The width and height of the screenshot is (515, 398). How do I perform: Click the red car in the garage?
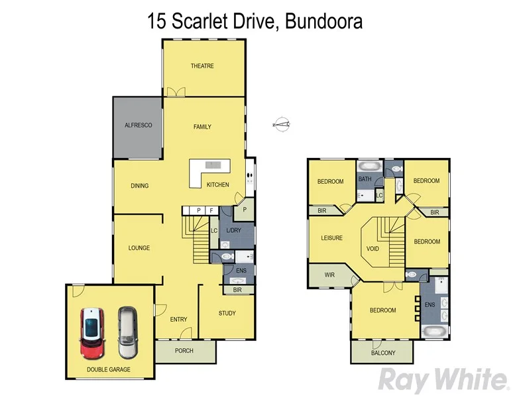(91, 332)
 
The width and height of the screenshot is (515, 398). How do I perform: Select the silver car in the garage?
(126, 332)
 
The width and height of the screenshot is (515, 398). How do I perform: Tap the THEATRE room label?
(202, 66)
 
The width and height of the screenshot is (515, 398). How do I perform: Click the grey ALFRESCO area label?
(139, 125)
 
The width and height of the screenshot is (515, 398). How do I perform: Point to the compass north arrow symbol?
(282, 123)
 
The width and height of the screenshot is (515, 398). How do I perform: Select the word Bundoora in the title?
(324, 21)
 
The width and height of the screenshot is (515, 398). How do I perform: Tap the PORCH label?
(184, 350)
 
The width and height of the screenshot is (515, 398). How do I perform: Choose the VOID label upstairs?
(372, 249)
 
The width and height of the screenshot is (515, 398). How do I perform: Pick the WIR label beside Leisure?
(329, 275)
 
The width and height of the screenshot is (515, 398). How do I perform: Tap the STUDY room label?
(227, 313)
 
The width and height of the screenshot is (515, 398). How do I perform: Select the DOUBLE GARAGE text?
(108, 369)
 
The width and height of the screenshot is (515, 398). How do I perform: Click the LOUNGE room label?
(139, 248)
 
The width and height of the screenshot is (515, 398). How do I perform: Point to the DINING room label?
(139, 186)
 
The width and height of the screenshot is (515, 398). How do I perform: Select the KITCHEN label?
(217, 184)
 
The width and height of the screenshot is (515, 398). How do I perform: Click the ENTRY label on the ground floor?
(178, 319)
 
